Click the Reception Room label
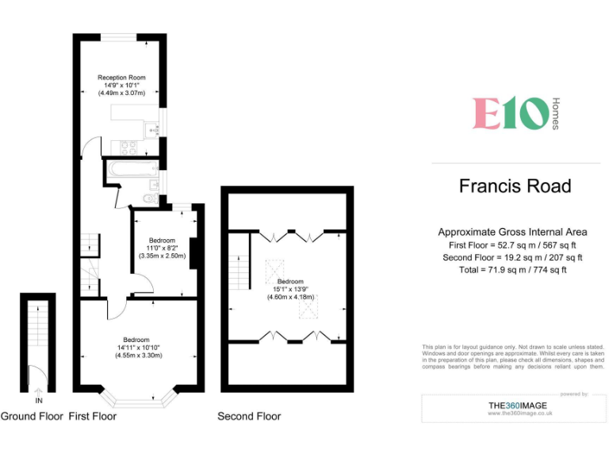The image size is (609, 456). point(121,78)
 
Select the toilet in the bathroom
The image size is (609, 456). point(148,198)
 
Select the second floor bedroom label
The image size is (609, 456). point(289,282)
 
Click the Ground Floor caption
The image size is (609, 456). point(31,416)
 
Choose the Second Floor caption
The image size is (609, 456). point(249,416)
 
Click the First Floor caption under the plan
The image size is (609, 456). point(92,416)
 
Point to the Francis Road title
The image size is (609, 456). point(515,186)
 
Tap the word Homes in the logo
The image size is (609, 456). point(555,114)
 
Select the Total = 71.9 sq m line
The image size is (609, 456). point(512,270)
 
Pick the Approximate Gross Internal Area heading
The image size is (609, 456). point(512,232)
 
